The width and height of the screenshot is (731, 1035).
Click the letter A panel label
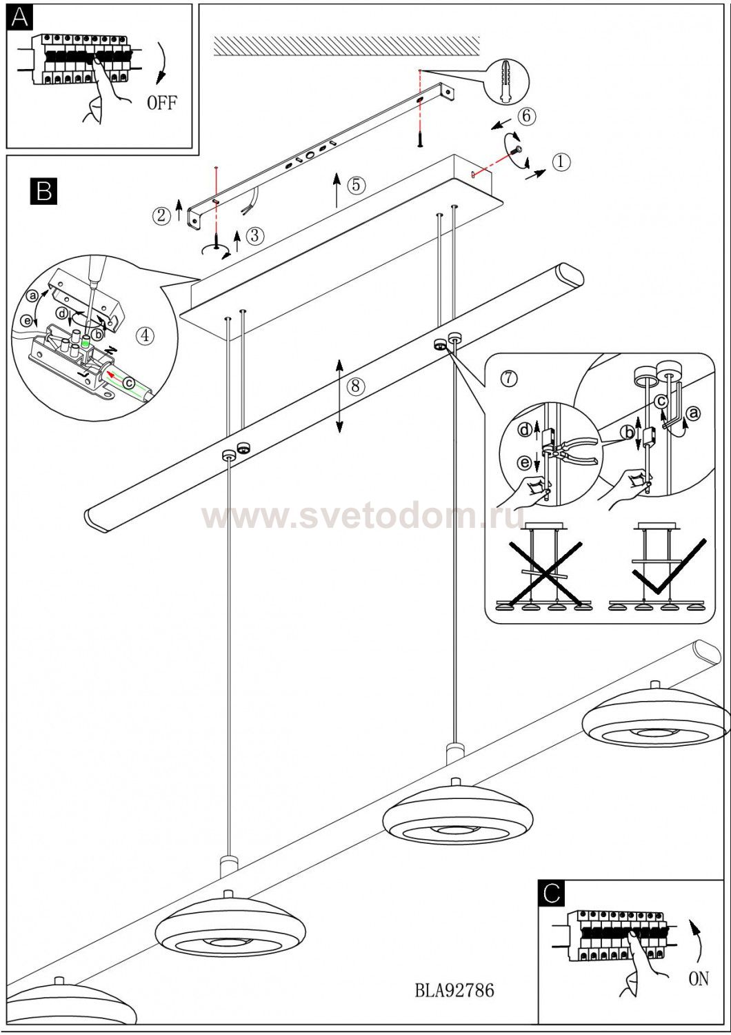[19, 17]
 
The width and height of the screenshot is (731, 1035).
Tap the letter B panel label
[44, 190]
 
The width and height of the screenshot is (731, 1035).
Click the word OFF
[161, 103]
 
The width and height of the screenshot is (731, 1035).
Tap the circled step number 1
[561, 162]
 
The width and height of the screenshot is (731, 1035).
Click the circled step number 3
[255, 236]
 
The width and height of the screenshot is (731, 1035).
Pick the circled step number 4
[145, 335]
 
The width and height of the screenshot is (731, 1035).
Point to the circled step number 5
[356, 185]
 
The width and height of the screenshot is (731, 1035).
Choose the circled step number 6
[527, 116]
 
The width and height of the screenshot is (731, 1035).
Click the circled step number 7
[508, 378]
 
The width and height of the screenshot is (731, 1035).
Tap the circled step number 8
[356, 386]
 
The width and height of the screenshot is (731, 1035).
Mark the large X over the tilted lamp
[545, 573]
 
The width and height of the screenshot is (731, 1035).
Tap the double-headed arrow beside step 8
[339, 396]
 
